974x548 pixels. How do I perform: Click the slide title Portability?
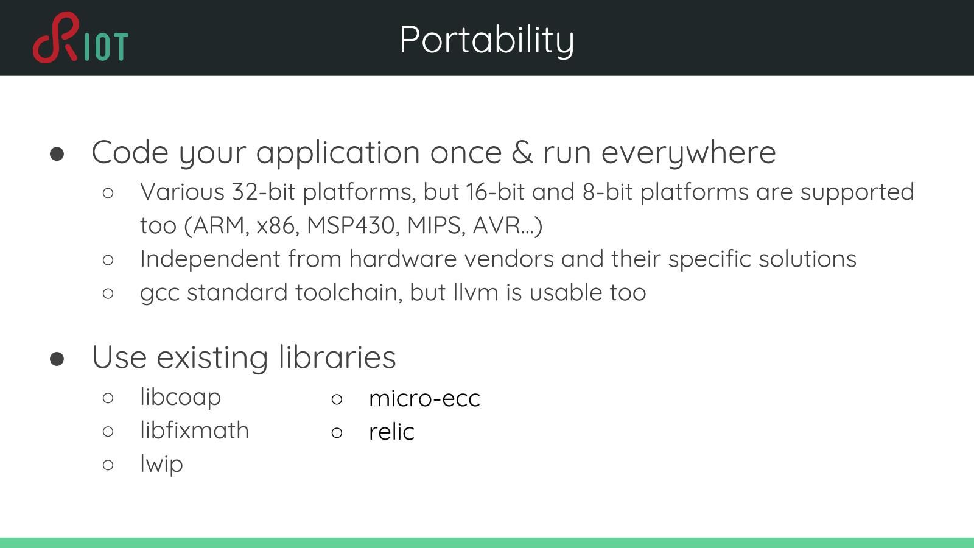pyautogui.click(x=487, y=40)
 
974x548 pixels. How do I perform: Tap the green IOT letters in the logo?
pyautogui.click(x=106, y=46)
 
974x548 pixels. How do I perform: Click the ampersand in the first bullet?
pyautogui.click(x=522, y=152)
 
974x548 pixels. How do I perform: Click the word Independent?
pyautogui.click(x=210, y=259)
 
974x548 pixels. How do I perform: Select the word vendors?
pyautogui.click(x=509, y=259)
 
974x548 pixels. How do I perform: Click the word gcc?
pyautogui.click(x=159, y=293)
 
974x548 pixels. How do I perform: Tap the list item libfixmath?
pyautogui.click(x=194, y=430)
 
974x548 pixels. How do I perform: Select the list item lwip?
pyautogui.click(x=161, y=464)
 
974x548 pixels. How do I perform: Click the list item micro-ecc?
pyautogui.click(x=424, y=398)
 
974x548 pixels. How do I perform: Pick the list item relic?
pyautogui.click(x=391, y=432)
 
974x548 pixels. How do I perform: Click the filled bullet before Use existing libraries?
pyautogui.click(x=57, y=359)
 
